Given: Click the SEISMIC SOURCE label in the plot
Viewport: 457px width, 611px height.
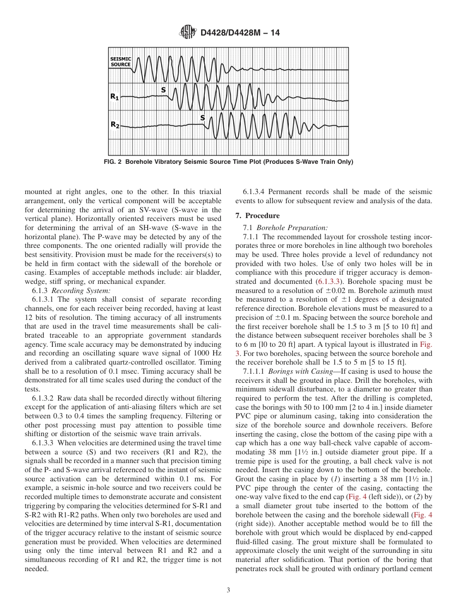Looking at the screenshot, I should pos(120,61).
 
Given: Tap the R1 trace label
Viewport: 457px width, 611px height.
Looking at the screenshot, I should pos(114,97).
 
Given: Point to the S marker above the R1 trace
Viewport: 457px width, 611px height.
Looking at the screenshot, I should pos(164,89).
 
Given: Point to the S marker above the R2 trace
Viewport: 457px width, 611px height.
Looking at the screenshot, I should pos(203,117).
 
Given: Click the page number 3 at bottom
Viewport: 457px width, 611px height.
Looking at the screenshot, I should pos(228,590).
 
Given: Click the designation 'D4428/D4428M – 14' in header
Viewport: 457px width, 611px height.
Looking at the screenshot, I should pos(240,33).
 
